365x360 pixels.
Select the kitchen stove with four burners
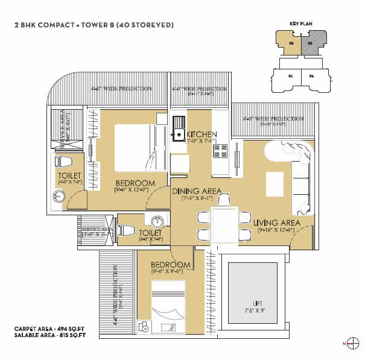coord(220,150)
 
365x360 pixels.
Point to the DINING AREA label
coord(196,191)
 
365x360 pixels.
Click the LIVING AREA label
coord(277,223)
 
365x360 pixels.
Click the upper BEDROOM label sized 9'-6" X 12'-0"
coord(135,183)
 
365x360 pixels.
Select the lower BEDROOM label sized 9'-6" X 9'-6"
coord(171,265)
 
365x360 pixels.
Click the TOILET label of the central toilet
coord(150,233)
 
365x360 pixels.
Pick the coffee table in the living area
coord(275,184)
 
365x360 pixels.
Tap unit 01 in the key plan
coord(290,77)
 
